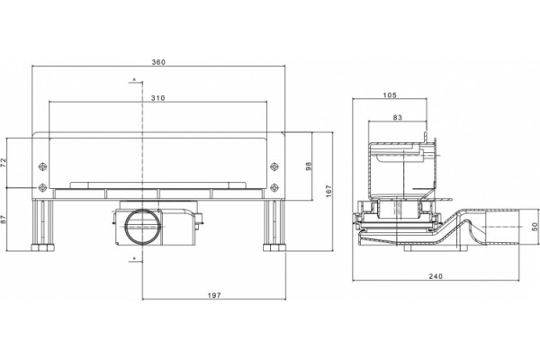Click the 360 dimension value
(158, 62)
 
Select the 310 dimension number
(158, 98)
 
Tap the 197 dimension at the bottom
(214, 295)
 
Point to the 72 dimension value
(3, 163)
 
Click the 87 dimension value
(3, 220)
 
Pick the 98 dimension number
(309, 166)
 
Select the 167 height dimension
(328, 192)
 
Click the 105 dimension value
(390, 95)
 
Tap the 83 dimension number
(398, 118)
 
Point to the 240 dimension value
(436, 276)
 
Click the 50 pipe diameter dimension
(535, 227)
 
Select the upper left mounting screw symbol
(42, 166)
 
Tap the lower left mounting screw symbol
(42, 188)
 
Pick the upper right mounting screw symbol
(274, 166)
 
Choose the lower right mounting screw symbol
(274, 188)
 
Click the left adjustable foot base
(43, 247)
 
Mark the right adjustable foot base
(274, 247)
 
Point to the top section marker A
(135, 80)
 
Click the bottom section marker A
(135, 258)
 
